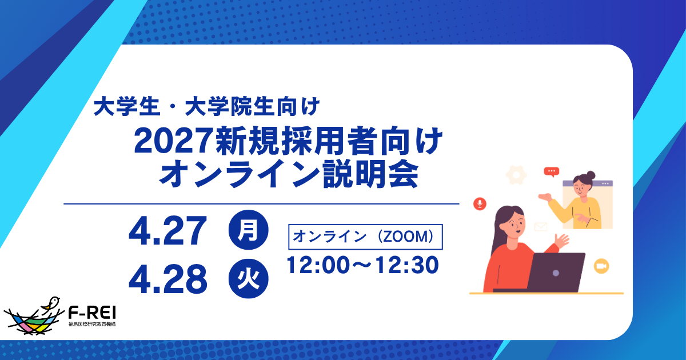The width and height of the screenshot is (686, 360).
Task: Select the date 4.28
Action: tap(167, 279)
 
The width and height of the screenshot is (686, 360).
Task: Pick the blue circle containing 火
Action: tap(249, 279)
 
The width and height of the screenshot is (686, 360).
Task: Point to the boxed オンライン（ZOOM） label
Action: tap(367, 237)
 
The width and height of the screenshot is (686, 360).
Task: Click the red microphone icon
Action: tap(480, 203)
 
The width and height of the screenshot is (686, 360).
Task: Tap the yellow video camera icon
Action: tap(601, 266)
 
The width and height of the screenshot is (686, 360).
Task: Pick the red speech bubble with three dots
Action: tap(551, 171)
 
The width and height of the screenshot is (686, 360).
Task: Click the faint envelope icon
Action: tap(540, 227)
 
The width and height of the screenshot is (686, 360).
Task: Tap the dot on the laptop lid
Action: tap(556, 273)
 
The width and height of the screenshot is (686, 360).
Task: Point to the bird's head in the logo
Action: tap(54, 300)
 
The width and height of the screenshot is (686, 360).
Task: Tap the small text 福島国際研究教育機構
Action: tap(91, 324)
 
